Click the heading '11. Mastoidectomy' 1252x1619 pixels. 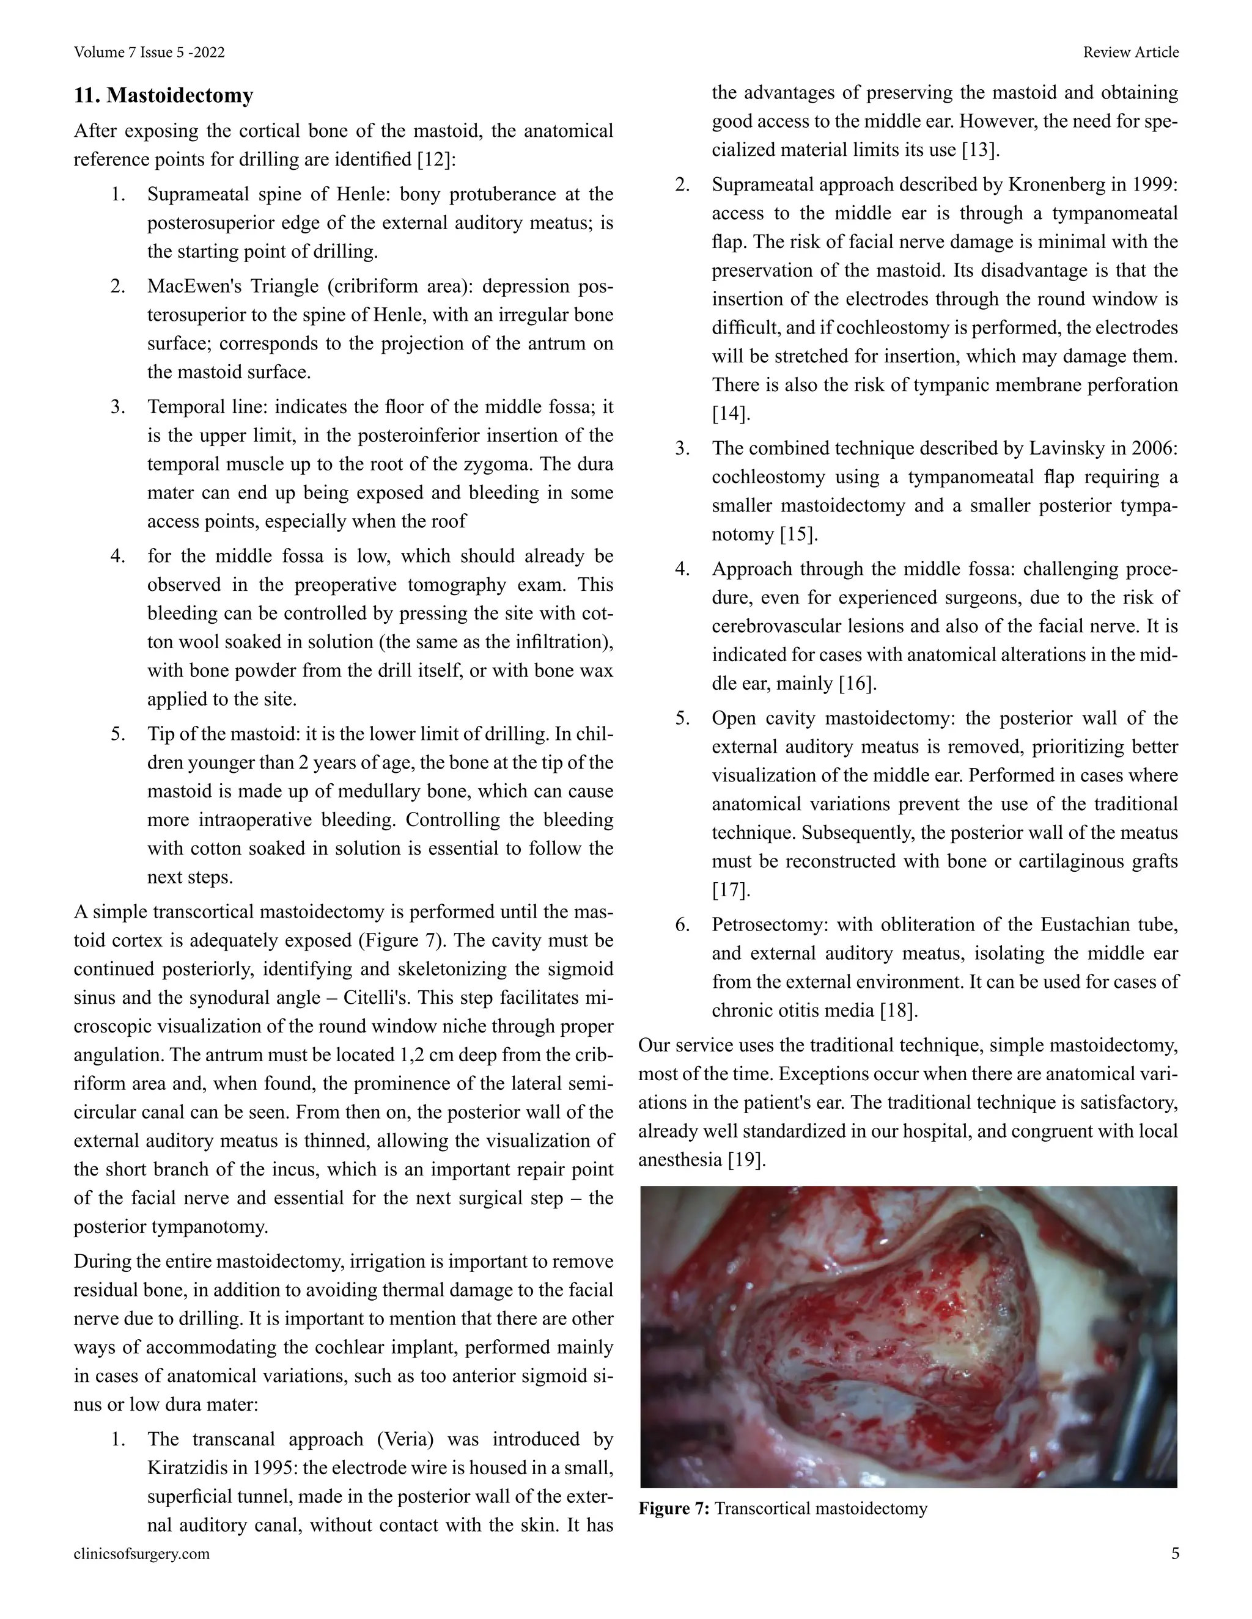163,96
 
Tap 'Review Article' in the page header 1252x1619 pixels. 1130,53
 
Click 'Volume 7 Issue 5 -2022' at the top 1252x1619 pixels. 149,53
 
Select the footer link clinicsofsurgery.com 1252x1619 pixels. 142,1554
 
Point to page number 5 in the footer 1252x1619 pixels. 1175,1554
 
